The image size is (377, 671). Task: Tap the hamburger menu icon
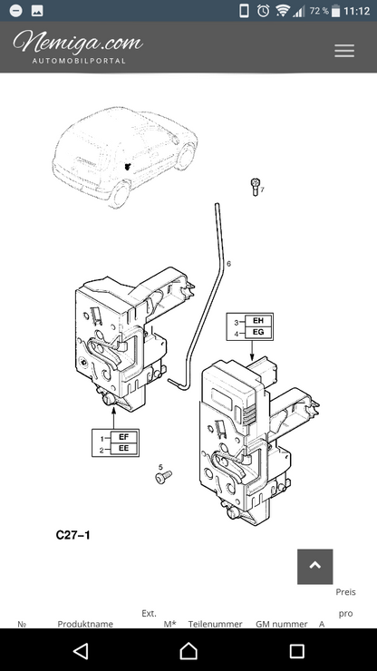tap(344, 51)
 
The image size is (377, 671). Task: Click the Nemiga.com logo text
tap(78, 43)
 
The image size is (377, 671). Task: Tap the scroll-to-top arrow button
tap(315, 567)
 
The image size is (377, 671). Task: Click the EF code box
tap(123, 437)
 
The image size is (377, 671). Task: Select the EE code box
tap(123, 449)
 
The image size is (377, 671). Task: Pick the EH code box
tap(258, 320)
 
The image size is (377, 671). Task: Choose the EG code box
tap(258, 332)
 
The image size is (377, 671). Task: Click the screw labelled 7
tap(255, 187)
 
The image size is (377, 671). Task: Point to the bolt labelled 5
tap(163, 477)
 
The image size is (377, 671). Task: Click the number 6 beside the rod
tap(228, 264)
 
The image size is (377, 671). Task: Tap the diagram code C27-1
tap(73, 535)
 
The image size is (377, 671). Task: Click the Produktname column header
tap(85, 624)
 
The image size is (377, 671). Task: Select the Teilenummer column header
tap(216, 624)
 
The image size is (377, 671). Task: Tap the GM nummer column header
tap(282, 624)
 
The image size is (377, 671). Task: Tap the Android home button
tap(188, 651)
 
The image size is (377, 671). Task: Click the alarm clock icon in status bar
tap(263, 11)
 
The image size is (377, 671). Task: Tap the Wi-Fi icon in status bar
tap(283, 11)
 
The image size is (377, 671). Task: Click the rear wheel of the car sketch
tap(121, 195)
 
